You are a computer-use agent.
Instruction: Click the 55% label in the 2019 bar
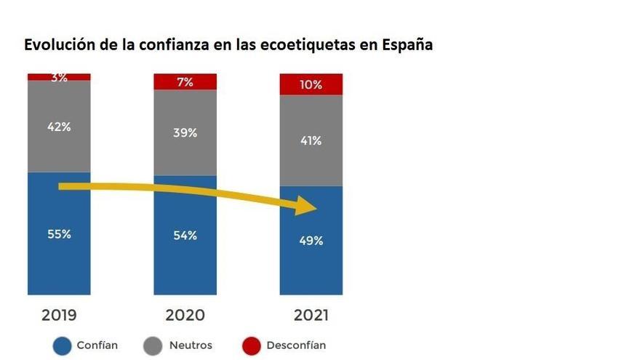pos(59,234)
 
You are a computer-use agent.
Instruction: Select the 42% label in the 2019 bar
pos(59,127)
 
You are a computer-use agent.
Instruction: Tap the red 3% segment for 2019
pos(59,76)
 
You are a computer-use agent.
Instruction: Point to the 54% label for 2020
pos(185,236)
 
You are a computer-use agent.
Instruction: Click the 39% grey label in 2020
pos(185,132)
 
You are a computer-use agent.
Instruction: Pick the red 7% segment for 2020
pos(185,82)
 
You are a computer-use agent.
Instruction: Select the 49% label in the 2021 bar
pos(311,241)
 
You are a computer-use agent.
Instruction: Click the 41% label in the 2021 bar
pos(311,141)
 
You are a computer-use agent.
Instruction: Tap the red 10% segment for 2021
pos(311,84)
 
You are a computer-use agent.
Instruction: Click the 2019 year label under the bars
pos(59,315)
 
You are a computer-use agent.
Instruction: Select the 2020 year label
pos(185,315)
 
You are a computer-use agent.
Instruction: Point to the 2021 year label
pos(311,315)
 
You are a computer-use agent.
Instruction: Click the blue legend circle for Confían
pos(63,346)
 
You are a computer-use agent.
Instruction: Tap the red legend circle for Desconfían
pos(251,346)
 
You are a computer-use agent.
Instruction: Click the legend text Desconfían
pos(296,345)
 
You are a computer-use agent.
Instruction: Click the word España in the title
pos(407,44)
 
